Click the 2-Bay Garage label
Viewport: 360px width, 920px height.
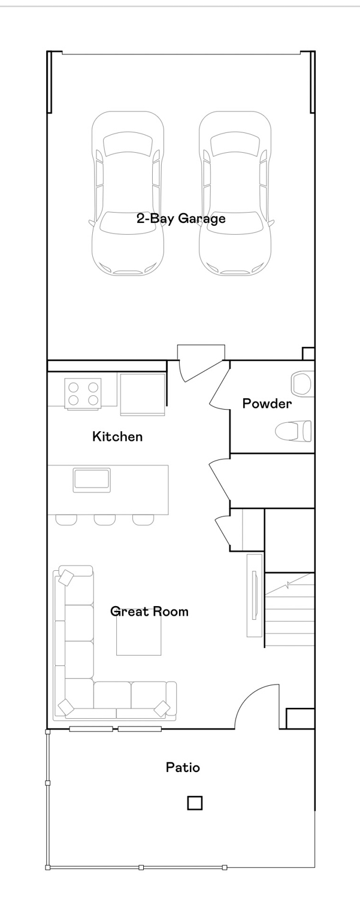[181, 218]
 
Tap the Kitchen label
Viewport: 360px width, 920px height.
[117, 436]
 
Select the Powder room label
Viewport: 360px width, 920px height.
[267, 403]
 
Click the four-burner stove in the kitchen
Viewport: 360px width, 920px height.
[83, 394]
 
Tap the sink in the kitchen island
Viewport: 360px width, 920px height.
[92, 480]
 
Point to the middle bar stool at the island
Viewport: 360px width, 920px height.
[105, 520]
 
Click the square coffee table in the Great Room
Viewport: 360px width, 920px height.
[139, 637]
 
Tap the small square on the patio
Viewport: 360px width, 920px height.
[195, 803]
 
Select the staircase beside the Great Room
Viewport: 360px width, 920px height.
[289, 609]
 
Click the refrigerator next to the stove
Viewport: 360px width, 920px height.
[143, 394]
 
